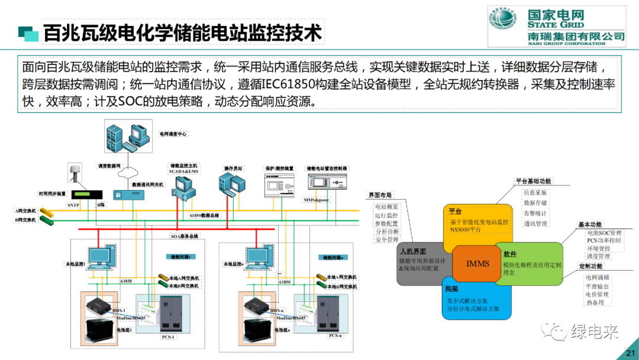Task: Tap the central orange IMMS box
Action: click(477, 263)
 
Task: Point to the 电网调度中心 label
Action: click(173, 134)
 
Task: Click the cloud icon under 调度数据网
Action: click(128, 173)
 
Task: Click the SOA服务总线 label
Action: click(184, 236)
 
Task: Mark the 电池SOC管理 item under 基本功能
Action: click(603, 233)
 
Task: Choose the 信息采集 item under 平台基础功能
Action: click(535, 192)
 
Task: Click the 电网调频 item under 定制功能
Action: click(597, 277)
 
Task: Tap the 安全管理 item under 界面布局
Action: click(387, 240)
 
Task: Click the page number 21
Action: click(628, 353)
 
